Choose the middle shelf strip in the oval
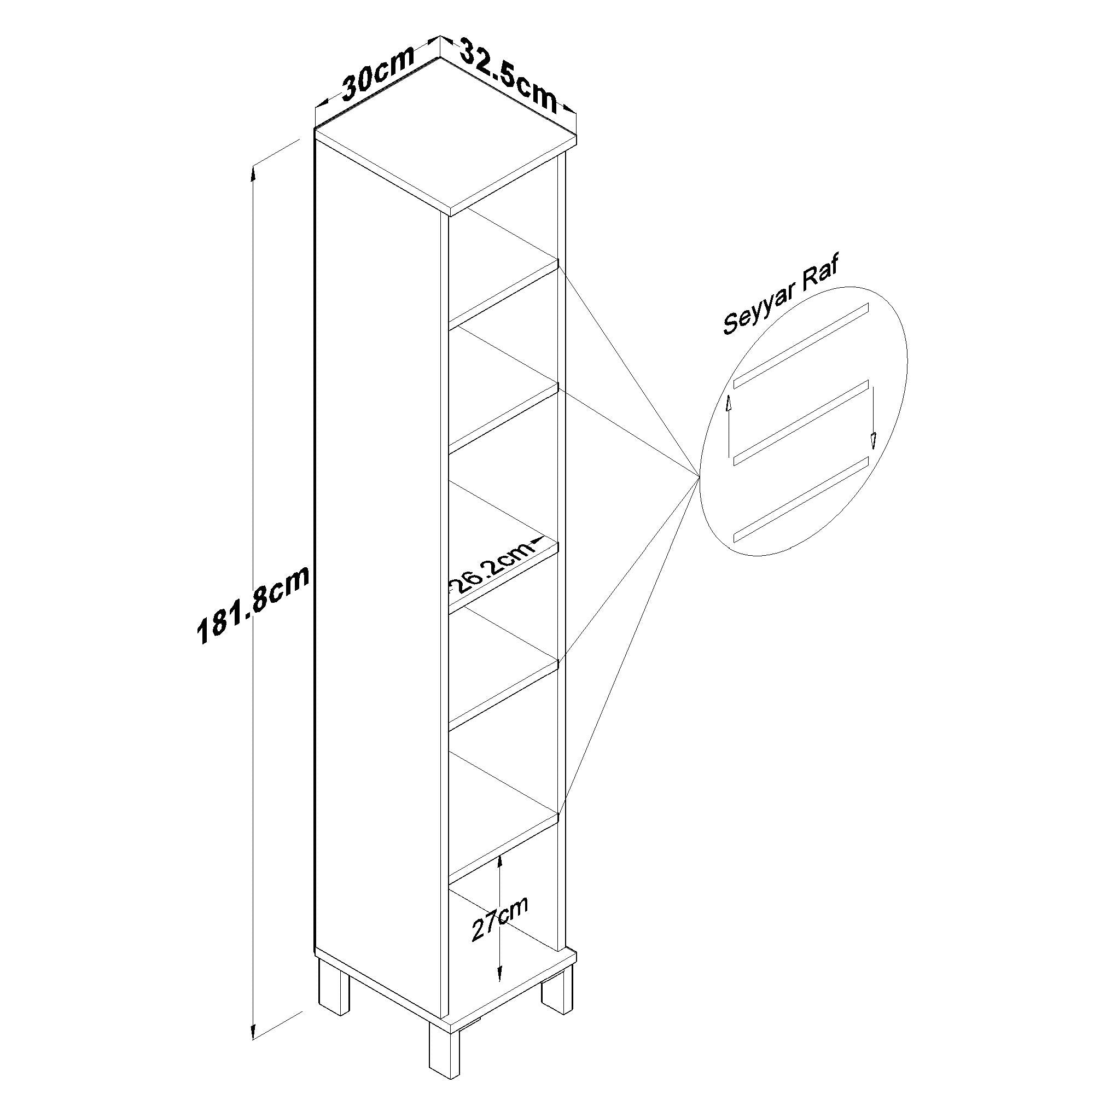click(801, 423)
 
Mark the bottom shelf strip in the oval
click(801, 500)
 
